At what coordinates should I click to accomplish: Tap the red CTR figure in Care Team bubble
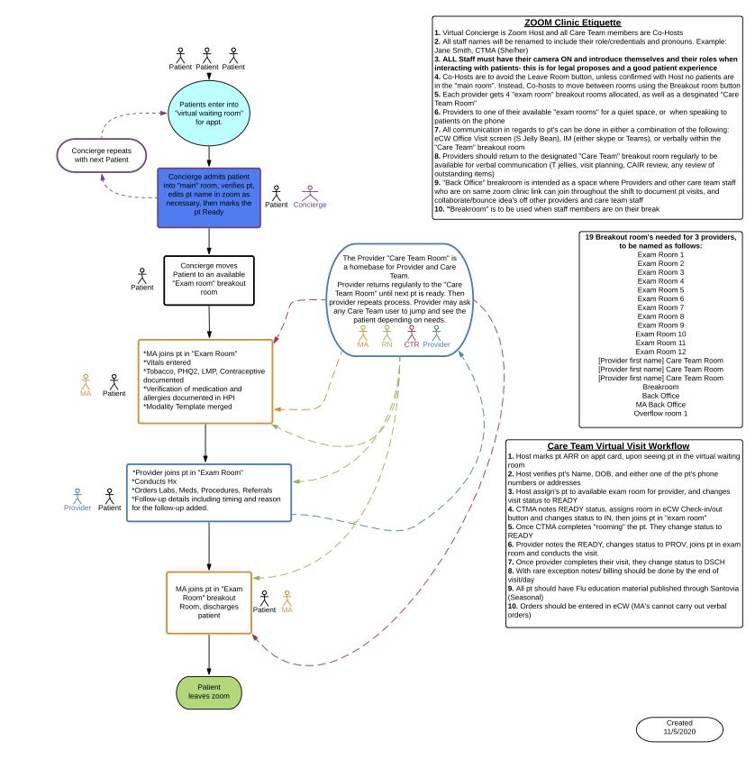(411, 333)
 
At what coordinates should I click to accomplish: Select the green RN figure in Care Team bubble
(387, 333)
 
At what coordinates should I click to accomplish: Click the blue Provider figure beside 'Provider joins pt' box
(77, 496)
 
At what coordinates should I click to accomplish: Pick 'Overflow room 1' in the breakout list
(660, 413)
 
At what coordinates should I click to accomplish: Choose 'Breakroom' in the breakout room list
(660, 386)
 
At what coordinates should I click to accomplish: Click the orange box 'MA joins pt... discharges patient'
(209, 601)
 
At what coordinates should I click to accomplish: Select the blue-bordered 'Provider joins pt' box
(209, 492)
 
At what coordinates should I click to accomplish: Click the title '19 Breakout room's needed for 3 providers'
(660, 241)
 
